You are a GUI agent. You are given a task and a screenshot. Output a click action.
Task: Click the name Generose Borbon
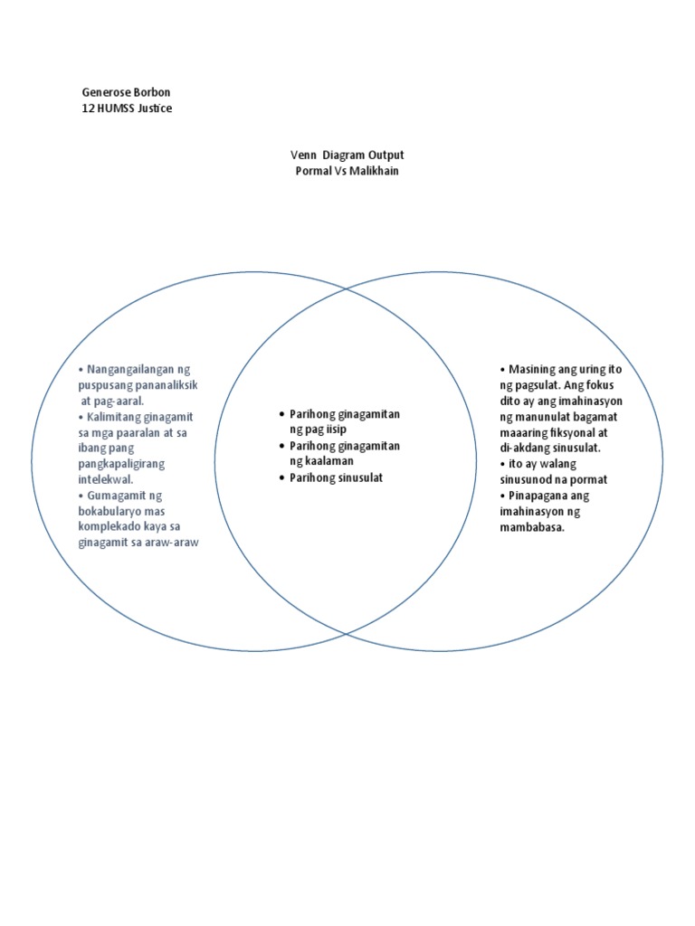125,93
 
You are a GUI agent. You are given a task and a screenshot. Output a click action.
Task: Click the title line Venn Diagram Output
347,156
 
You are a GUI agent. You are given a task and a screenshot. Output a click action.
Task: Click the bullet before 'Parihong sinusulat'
281,477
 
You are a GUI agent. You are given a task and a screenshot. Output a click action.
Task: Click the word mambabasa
532,527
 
